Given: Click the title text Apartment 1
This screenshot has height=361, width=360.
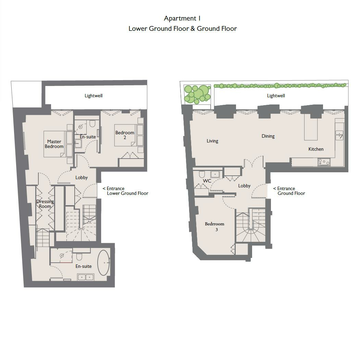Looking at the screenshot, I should click(x=182, y=18).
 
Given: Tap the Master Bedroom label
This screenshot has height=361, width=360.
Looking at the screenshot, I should click(x=54, y=144).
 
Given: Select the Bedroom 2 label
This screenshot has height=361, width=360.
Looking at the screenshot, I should click(x=125, y=135).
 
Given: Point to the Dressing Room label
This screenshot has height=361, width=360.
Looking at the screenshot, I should click(x=45, y=204).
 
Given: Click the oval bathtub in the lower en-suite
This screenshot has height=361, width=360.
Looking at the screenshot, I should click(x=103, y=263).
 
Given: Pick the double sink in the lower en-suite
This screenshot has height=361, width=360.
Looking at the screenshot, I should click(x=86, y=277).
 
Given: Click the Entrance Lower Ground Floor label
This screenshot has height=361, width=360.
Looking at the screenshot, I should click(x=125, y=191).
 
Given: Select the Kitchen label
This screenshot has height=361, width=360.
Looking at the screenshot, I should click(x=316, y=149).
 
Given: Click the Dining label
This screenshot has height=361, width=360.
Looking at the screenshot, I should click(x=268, y=136).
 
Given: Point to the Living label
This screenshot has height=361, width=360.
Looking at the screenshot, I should click(x=212, y=141).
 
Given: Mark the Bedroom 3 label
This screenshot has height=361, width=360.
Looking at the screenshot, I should click(x=214, y=226).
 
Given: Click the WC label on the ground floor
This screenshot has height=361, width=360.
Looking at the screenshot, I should click(x=207, y=181).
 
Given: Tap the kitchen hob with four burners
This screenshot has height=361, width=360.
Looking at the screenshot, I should click(x=324, y=162).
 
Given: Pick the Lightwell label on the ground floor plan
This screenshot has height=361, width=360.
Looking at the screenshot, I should click(x=276, y=96).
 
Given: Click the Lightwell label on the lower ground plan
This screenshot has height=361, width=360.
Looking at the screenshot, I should click(x=94, y=96).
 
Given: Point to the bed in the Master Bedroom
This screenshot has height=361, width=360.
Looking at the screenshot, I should click(x=54, y=144).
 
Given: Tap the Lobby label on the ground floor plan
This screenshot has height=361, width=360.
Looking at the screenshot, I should click(x=244, y=186).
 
